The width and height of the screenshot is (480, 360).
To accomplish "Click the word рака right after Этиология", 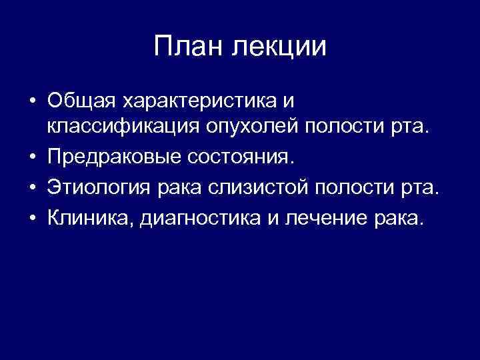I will point(179,190).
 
